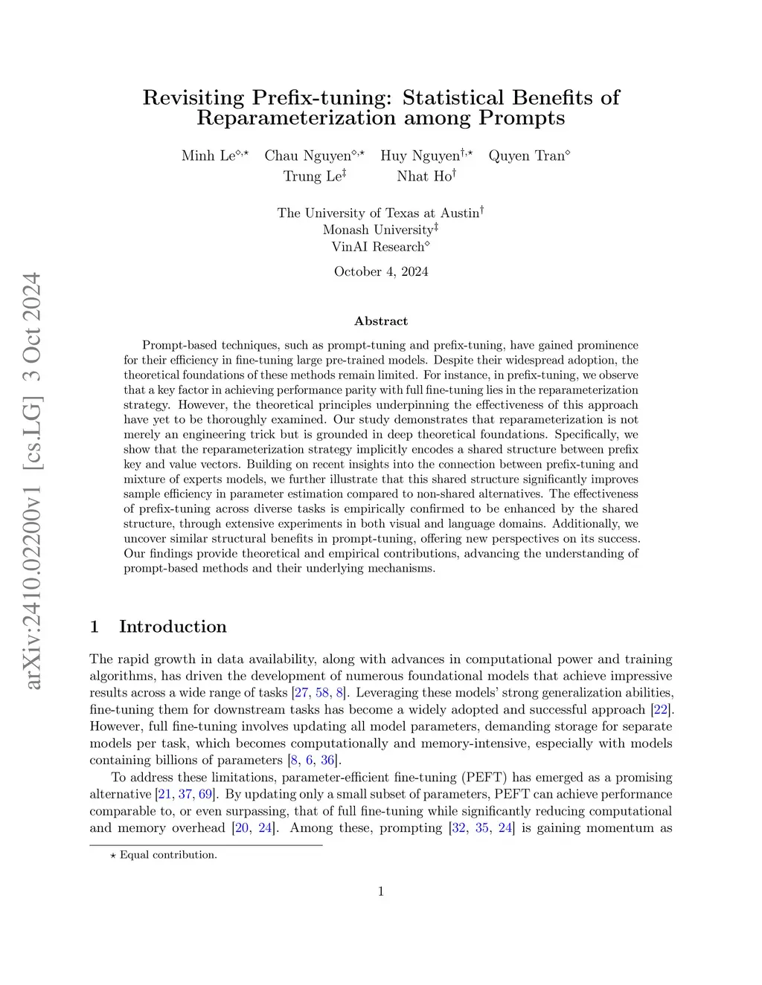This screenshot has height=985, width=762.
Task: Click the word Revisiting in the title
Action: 193,97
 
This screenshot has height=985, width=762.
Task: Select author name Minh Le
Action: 208,156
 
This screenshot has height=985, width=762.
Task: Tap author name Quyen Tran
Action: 527,156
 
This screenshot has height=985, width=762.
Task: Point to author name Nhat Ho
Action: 423,176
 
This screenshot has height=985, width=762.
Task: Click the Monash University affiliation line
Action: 379,230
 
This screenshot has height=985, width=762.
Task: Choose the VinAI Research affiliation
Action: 378,247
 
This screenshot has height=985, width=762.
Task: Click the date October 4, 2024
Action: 381,271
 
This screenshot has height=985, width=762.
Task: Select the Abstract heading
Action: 381,321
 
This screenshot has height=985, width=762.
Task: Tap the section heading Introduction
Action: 173,627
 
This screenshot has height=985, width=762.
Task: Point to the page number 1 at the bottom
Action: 381,891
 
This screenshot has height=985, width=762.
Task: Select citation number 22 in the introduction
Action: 659,709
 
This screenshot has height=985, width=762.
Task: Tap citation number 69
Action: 205,794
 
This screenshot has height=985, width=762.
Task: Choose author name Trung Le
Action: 312,176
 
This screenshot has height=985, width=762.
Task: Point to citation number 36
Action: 328,760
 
